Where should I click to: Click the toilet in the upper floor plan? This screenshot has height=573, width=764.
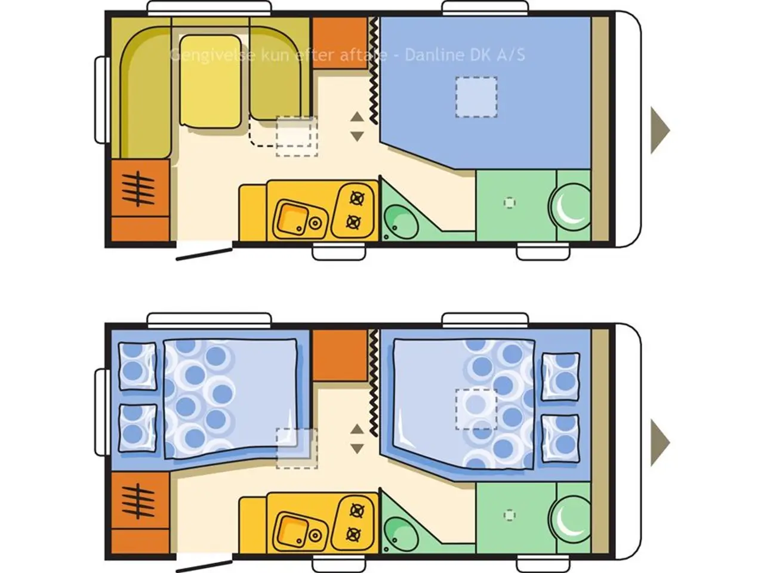point(571,207)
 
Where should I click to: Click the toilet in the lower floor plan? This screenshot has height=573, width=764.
point(571,519)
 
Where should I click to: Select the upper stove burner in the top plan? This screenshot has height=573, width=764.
point(357,199)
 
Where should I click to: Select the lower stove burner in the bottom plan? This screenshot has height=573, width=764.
point(353,534)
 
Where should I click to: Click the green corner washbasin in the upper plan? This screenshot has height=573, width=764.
point(401,222)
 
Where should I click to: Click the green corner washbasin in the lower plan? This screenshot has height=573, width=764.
point(401,534)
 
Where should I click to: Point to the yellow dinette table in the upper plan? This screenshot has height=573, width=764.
point(211,82)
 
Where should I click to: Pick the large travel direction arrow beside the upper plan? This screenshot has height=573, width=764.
point(660,131)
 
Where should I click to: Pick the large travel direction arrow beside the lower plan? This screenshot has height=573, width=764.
point(660,442)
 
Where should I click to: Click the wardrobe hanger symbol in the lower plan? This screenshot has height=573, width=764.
point(138,501)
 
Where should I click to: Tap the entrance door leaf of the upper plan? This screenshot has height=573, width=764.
point(204,254)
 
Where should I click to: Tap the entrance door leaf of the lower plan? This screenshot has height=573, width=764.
point(204,566)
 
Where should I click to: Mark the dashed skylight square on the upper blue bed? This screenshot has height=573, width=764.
point(476,97)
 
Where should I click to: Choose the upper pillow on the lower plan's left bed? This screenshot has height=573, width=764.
point(137,366)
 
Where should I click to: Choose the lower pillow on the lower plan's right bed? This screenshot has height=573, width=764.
point(560,438)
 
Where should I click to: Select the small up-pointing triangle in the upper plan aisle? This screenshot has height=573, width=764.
point(357,117)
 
